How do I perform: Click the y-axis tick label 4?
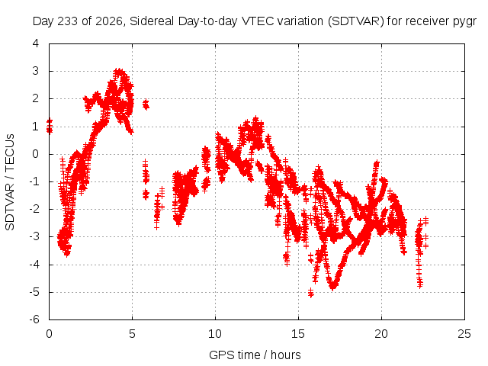click(x=36, y=43)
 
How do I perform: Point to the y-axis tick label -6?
click(x=34, y=319)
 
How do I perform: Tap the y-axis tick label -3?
click(x=34, y=236)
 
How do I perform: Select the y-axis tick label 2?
click(x=36, y=98)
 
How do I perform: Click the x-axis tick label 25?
click(x=464, y=334)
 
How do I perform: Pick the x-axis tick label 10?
click(x=215, y=334)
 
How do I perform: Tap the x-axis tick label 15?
click(x=298, y=334)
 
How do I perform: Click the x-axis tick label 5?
click(x=132, y=334)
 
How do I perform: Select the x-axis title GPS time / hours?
click(x=255, y=355)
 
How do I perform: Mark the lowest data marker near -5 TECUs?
click(x=310, y=293)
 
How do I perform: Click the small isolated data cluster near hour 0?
click(x=49, y=126)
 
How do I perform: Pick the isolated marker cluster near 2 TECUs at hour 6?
click(x=146, y=104)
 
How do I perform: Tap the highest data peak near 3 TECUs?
click(x=119, y=71)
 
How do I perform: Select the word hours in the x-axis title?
click(x=286, y=355)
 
